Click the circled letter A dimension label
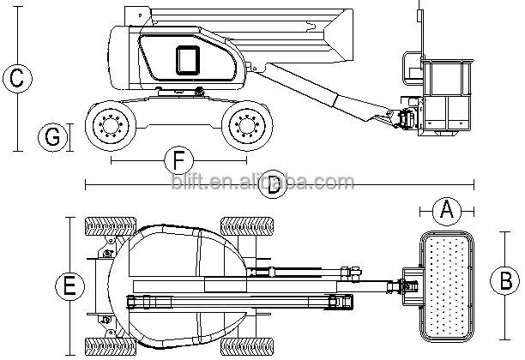tap(447, 211)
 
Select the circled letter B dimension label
tap(505, 280)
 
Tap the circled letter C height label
tap(17, 78)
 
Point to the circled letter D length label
tap(273, 184)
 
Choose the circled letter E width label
tap(69, 286)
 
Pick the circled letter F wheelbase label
tap(179, 160)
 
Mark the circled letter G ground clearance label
tap(52, 137)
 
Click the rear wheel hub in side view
tap(111, 126)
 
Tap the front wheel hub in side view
tap(247, 126)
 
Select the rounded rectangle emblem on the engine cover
tap(188, 60)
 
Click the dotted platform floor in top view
tap(447, 286)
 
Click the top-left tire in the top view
tap(111, 226)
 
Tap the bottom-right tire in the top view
tap(247, 346)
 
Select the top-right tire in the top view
tap(247, 226)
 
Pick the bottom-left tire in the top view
tap(111, 346)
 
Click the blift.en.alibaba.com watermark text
tap(262, 182)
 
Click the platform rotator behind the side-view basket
tap(407, 119)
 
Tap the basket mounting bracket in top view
tap(411, 286)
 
